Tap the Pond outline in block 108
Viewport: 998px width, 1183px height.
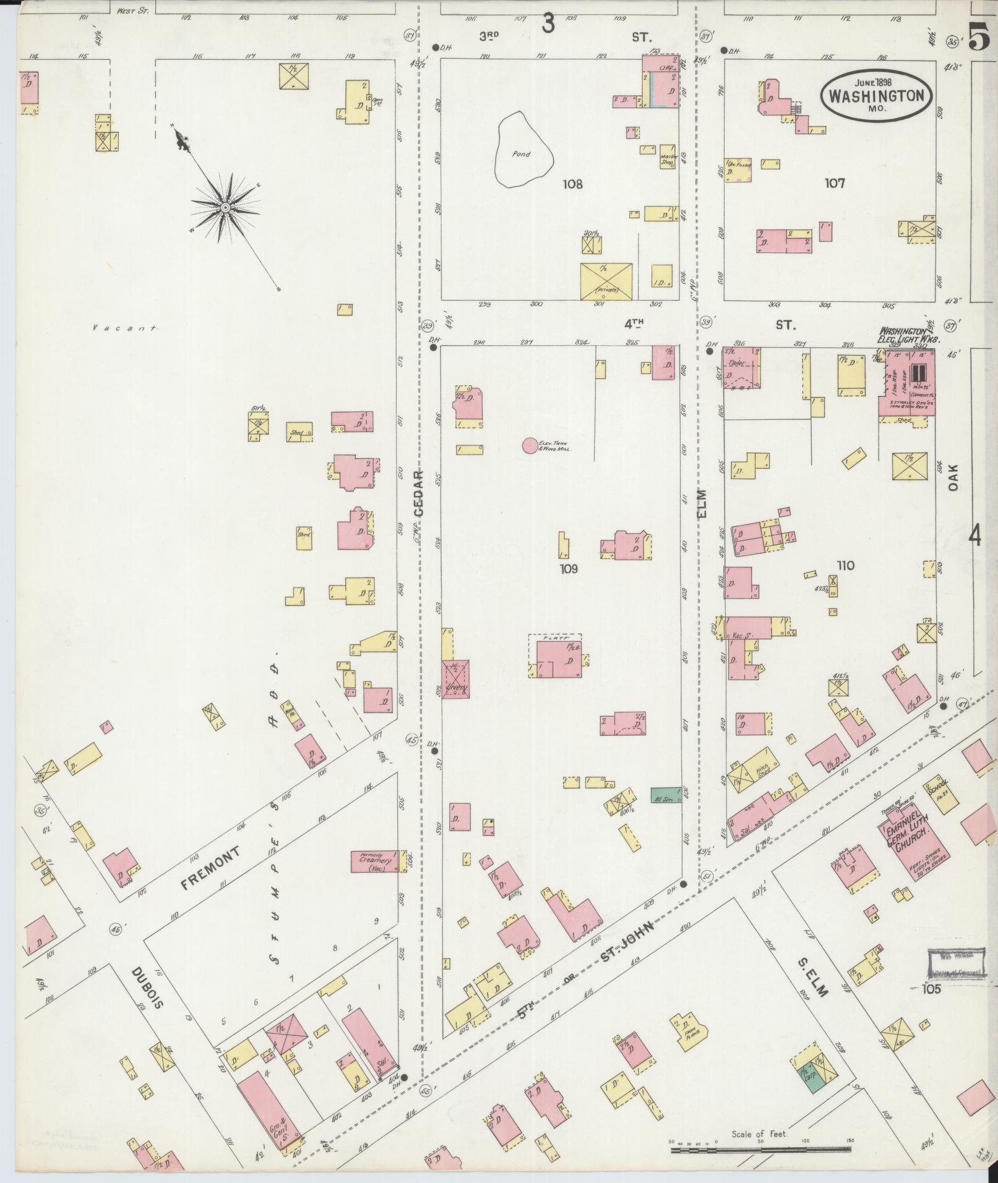(x=523, y=149)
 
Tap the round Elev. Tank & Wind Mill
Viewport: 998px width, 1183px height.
(x=530, y=445)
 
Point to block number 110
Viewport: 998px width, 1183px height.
(x=845, y=565)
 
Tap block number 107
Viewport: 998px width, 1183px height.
(x=835, y=183)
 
